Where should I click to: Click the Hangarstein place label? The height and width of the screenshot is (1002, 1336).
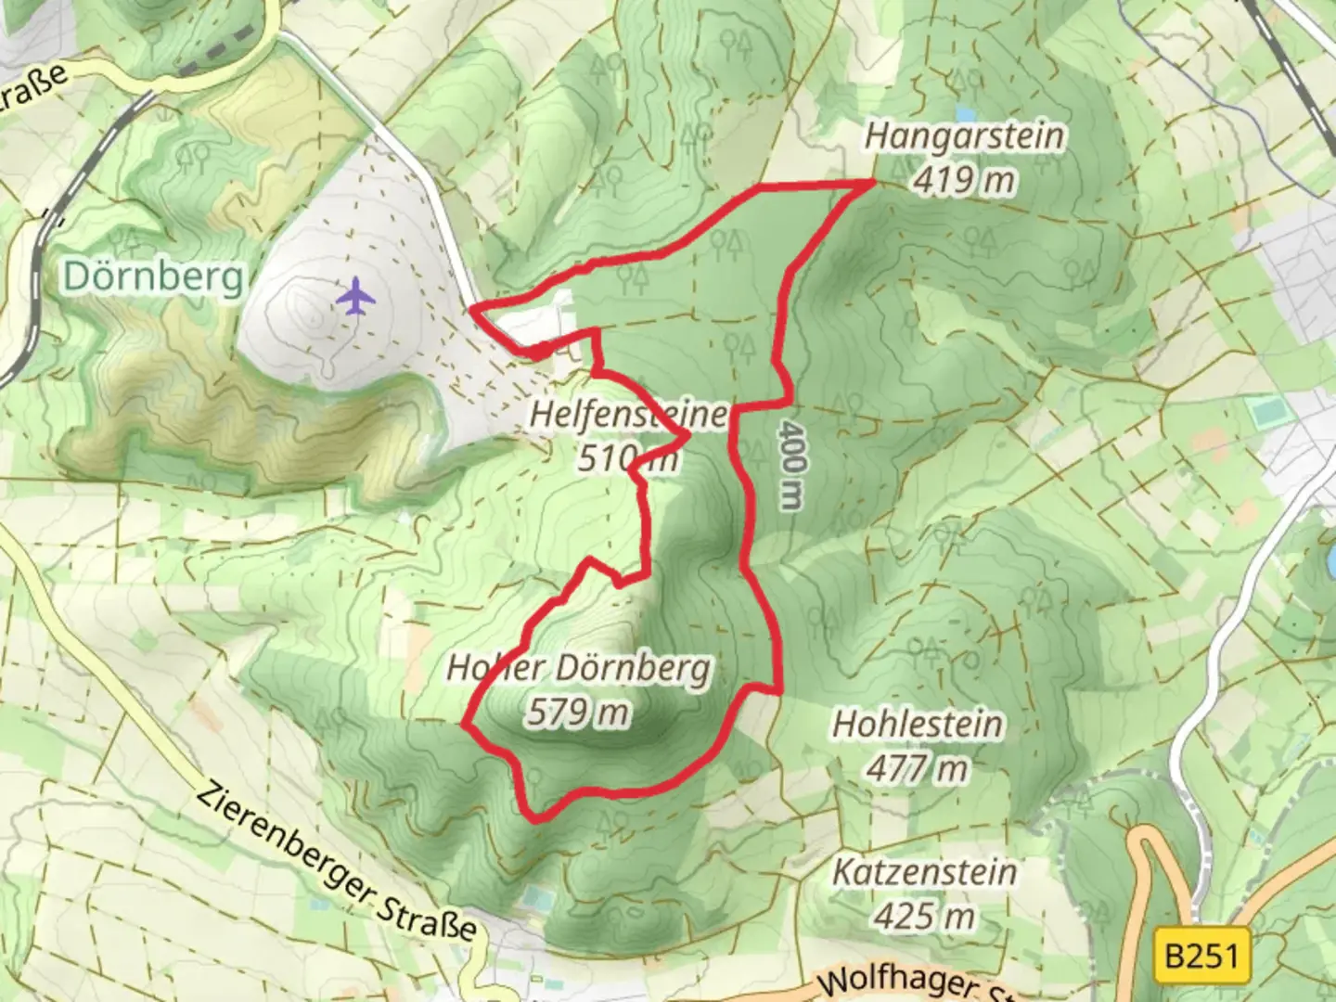(x=964, y=136)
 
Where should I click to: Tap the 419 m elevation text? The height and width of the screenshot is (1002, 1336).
(x=964, y=180)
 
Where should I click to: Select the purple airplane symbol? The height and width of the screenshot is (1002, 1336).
(x=354, y=298)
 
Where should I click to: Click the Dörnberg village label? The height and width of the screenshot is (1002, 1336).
(x=155, y=276)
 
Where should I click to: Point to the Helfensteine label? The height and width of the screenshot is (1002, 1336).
(x=629, y=414)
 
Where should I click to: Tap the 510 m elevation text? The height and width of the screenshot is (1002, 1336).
(x=627, y=457)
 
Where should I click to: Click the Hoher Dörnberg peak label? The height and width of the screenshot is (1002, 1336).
(x=579, y=668)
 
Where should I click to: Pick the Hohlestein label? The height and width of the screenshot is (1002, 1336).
(x=918, y=724)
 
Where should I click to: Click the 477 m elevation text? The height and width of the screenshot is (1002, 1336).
(x=918, y=768)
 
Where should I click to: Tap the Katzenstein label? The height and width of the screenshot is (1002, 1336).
(x=924, y=872)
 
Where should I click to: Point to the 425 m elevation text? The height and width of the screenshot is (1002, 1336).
(x=924, y=917)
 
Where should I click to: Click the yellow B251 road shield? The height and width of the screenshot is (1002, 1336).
(x=1201, y=955)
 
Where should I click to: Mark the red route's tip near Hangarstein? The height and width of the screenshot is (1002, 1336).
(x=873, y=183)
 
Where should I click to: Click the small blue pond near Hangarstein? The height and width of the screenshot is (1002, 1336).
(x=966, y=114)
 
